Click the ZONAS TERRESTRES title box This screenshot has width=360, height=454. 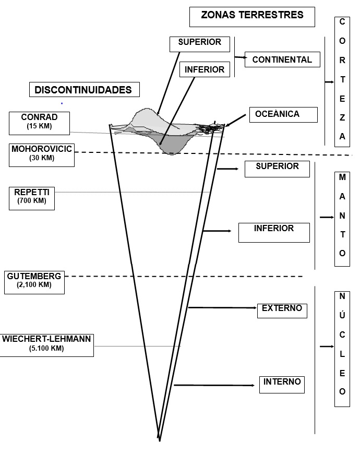[x=253, y=16]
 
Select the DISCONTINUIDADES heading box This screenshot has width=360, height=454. [x=85, y=90]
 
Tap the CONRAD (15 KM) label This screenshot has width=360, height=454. [x=40, y=123]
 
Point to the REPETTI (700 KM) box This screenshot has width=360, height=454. [x=32, y=197]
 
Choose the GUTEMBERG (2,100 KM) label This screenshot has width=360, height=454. [x=34, y=281]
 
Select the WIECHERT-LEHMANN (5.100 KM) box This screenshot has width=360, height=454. [x=46, y=344]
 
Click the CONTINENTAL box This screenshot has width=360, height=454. [x=282, y=60]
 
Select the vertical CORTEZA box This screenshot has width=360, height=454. [x=342, y=79]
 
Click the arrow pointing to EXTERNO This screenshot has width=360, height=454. [x=222, y=308]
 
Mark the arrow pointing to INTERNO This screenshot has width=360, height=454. [x=214, y=385]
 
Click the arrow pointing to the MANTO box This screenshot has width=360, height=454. [x=327, y=217]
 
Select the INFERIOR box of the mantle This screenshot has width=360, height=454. [x=274, y=232]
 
